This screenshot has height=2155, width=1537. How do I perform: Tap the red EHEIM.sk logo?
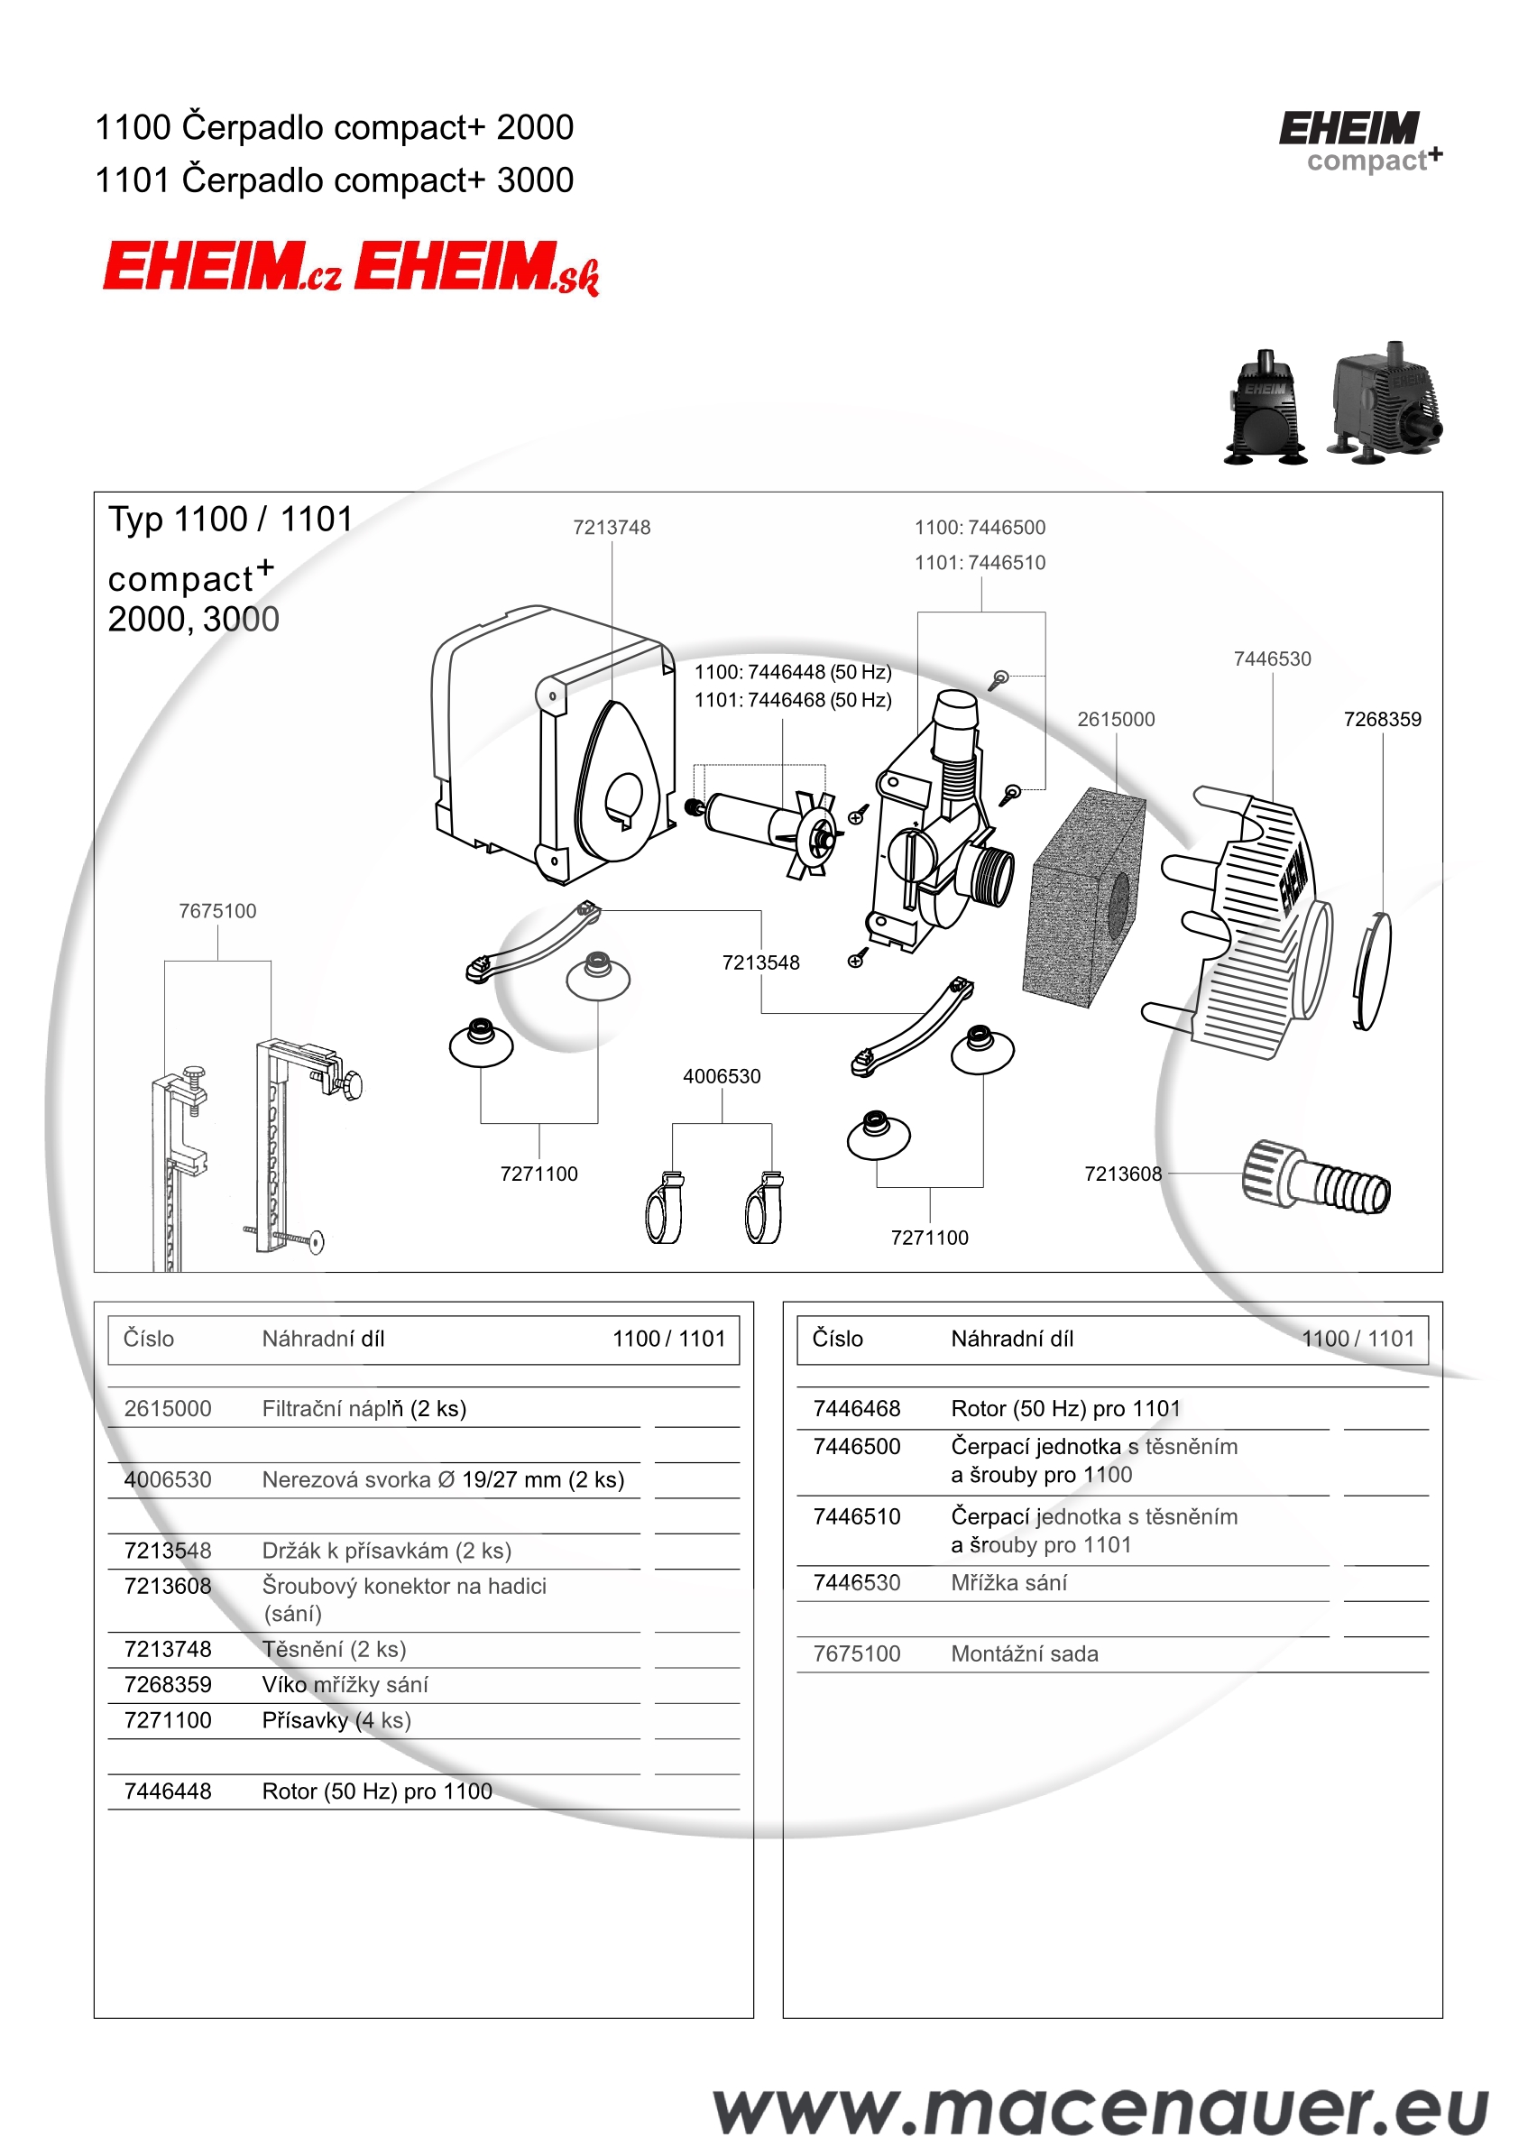pyautogui.click(x=476, y=268)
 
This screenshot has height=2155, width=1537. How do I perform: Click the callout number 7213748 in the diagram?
pyautogui.click(x=612, y=527)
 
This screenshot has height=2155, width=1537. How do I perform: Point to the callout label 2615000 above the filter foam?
pyautogui.click(x=1116, y=719)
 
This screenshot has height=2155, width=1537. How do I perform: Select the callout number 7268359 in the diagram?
pyautogui.click(x=1382, y=719)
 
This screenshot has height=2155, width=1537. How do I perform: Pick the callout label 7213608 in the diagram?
pyautogui.click(x=1122, y=1174)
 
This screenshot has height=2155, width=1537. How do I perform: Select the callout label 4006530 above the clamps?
pyautogui.click(x=722, y=1076)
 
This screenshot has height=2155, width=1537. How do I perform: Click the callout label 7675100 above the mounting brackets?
pyautogui.click(x=217, y=910)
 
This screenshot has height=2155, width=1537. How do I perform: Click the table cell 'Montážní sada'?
pyautogui.click(x=1024, y=1653)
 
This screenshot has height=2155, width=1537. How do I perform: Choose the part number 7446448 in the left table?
pyautogui.click(x=168, y=1791)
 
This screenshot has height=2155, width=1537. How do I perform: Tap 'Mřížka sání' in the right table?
pyautogui.click(x=1009, y=1582)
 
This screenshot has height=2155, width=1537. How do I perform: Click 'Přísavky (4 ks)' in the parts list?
pyautogui.click(x=336, y=1719)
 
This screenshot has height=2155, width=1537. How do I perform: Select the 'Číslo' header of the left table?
pyautogui.click(x=149, y=1339)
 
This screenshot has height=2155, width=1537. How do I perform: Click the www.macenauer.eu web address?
pyautogui.click(x=1100, y=2110)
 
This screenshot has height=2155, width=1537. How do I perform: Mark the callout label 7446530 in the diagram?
pyautogui.click(x=1272, y=658)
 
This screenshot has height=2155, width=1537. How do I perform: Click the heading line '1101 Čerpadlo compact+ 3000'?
pyautogui.click(x=334, y=180)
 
